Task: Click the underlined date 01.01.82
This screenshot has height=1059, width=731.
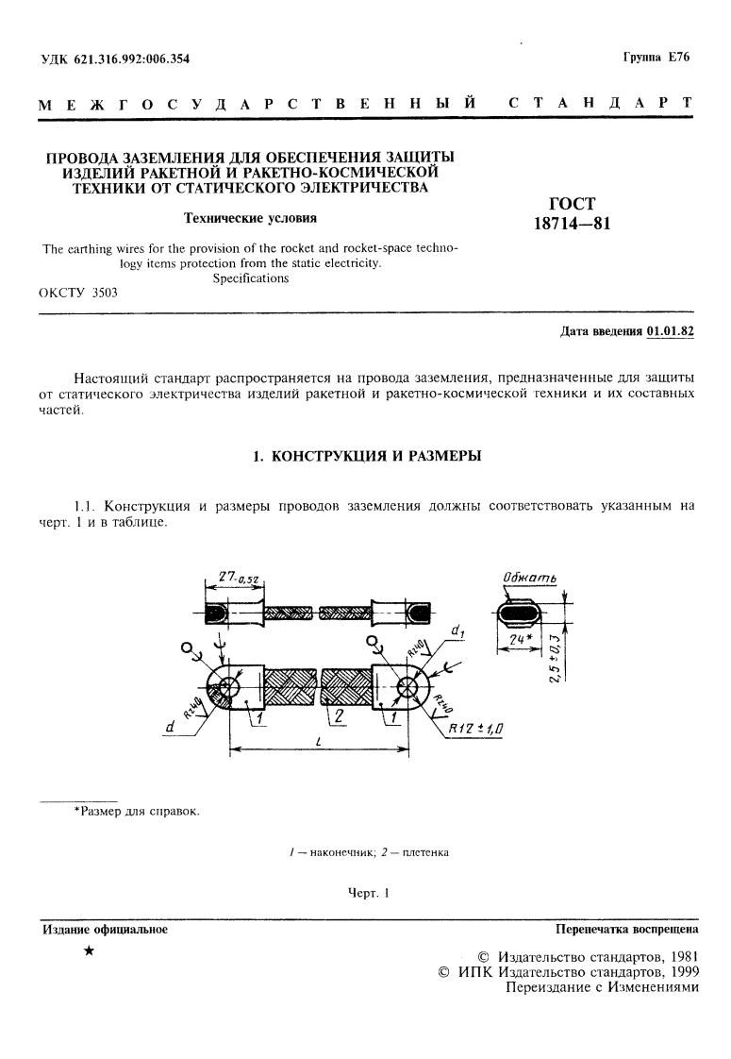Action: pyautogui.click(x=671, y=331)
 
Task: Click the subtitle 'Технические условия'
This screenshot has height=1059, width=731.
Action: pyautogui.click(x=249, y=218)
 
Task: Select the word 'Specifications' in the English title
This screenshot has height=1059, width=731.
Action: pyautogui.click(x=250, y=279)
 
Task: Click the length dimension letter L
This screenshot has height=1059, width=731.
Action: pyautogui.click(x=319, y=742)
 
